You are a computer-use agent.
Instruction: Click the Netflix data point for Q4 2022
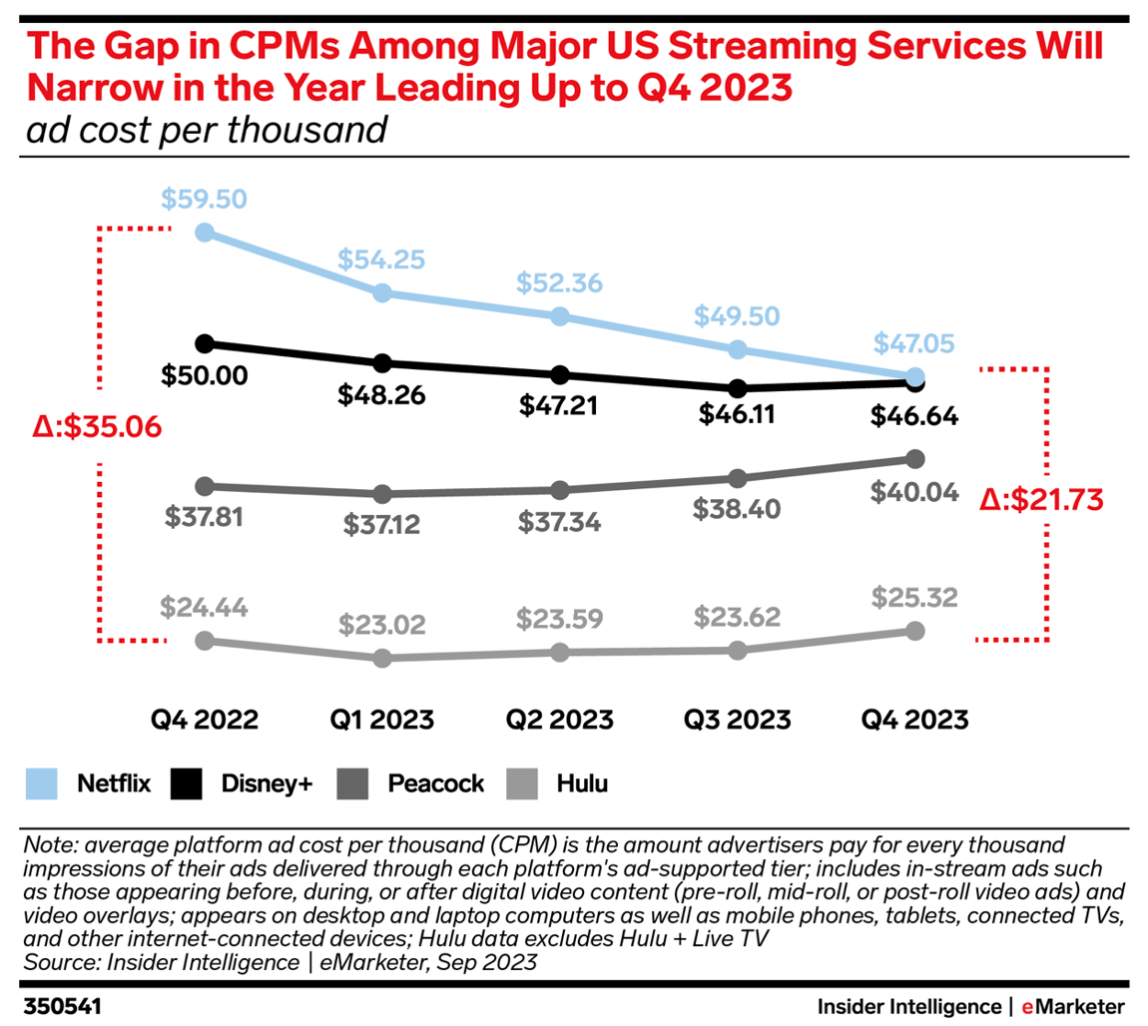(x=205, y=233)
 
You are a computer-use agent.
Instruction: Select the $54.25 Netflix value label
(x=381, y=259)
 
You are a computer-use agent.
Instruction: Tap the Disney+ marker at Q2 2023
(x=560, y=375)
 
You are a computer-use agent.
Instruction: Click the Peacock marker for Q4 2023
(x=914, y=459)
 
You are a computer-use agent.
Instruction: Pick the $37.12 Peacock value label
(x=381, y=523)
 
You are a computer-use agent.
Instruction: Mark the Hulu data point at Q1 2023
(x=381, y=659)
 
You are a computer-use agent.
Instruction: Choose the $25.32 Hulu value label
(x=914, y=598)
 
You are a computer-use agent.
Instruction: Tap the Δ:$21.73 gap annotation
(x=1040, y=498)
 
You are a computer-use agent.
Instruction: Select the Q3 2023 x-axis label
(x=738, y=720)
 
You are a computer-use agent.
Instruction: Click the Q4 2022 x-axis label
(x=205, y=720)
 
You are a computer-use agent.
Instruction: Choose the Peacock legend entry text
(x=436, y=783)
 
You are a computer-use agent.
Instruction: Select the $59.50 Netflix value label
(x=205, y=199)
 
